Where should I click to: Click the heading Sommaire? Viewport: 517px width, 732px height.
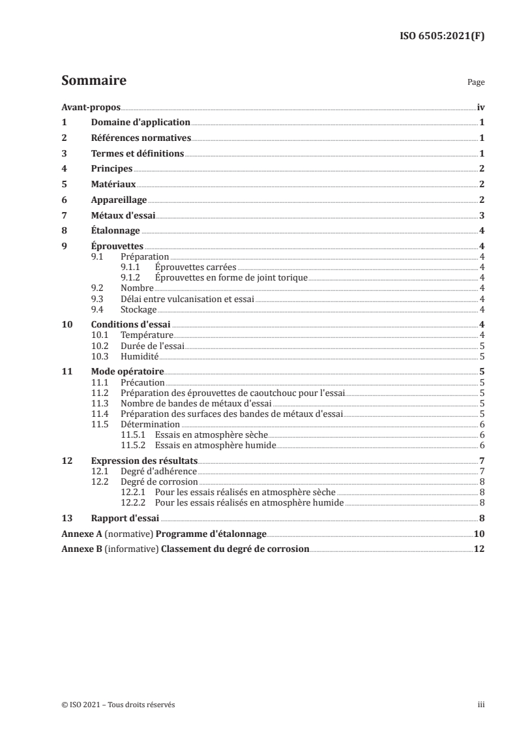(93, 81)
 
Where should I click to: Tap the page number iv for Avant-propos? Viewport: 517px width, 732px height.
(480, 108)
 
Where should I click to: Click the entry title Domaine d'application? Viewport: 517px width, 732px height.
(140, 123)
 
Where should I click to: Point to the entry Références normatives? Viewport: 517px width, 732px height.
(141, 138)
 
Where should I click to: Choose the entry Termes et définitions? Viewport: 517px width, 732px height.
(138, 154)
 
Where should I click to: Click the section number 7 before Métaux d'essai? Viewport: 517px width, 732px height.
(64, 216)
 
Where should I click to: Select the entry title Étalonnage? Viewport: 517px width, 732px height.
(115, 231)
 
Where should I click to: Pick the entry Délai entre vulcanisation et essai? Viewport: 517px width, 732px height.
(186, 299)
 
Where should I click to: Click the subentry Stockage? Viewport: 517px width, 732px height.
(138, 309)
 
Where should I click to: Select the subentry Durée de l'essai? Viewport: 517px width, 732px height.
(153, 346)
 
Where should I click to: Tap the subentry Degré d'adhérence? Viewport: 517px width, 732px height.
(158, 471)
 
